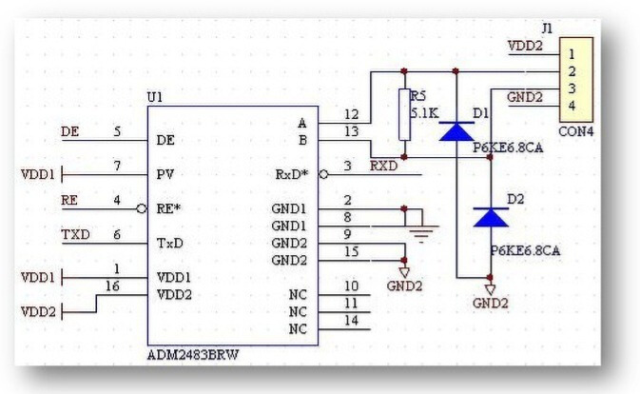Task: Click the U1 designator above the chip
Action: (155, 98)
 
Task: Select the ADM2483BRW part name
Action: (193, 354)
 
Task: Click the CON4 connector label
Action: (576, 130)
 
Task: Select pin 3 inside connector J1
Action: (572, 89)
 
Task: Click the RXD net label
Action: (383, 165)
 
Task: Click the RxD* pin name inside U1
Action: (292, 174)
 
